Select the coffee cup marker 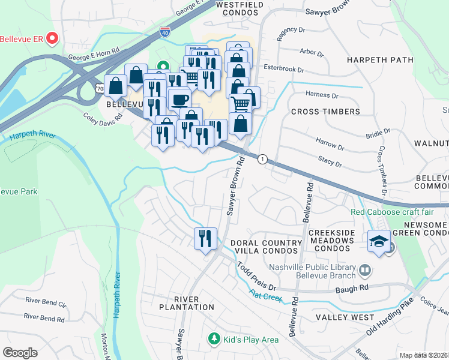coord(179,98)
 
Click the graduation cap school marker coord(379,242)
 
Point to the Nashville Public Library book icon coord(364,270)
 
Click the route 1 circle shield coord(262,159)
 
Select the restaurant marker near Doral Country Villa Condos coord(205,238)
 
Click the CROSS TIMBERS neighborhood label coord(325,112)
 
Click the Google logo coord(20,353)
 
